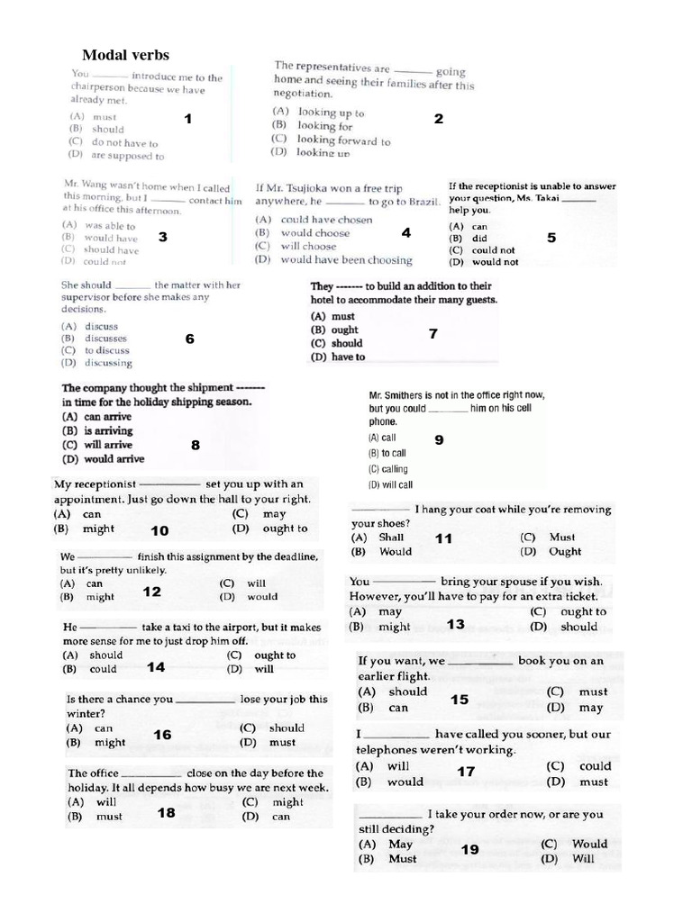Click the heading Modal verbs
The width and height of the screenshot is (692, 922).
[125, 56]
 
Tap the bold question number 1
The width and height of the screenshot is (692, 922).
[188, 119]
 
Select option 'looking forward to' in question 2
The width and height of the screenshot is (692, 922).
[343, 140]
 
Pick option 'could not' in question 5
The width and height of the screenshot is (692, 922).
[494, 250]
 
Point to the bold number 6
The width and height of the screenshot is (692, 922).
[189, 339]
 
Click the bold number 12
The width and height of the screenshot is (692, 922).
[152, 592]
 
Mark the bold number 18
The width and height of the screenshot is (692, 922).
[167, 812]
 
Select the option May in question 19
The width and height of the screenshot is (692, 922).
[400, 845]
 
